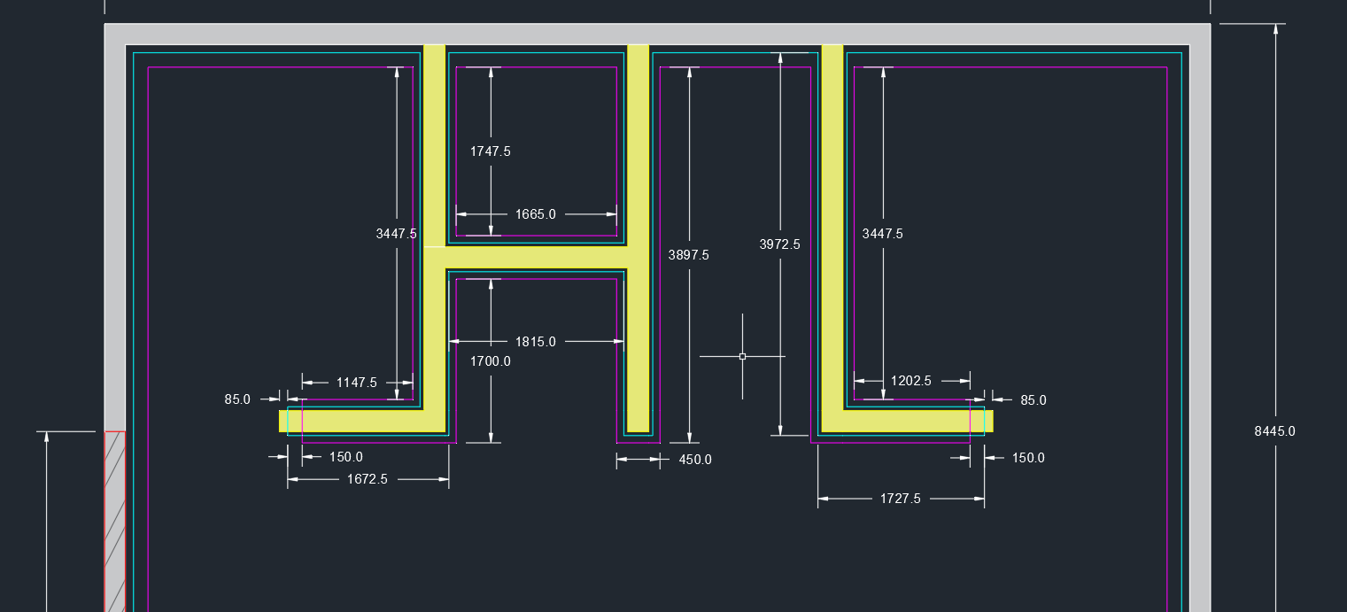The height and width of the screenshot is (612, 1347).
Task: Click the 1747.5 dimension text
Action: click(x=490, y=151)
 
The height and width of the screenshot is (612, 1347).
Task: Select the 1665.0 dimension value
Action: click(x=535, y=214)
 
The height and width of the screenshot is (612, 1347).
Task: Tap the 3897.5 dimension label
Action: click(x=688, y=255)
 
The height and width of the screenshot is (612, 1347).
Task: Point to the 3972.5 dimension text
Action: click(x=779, y=244)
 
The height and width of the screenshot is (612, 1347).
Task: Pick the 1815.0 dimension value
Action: click(x=535, y=342)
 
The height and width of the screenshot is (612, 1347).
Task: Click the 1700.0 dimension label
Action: click(x=490, y=361)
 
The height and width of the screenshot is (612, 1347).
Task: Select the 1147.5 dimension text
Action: click(x=356, y=383)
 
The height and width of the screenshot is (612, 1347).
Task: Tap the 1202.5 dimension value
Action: click(x=910, y=381)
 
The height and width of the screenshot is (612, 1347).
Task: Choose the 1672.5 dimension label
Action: click(x=367, y=479)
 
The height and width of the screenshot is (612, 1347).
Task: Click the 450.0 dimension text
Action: click(x=695, y=460)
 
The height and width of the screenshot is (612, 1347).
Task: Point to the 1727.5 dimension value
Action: click(x=900, y=499)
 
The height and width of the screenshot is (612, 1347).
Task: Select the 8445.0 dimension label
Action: click(x=1274, y=431)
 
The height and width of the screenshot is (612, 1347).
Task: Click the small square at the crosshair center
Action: click(x=742, y=356)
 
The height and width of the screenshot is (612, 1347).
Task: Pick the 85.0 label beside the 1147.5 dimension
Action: click(x=237, y=399)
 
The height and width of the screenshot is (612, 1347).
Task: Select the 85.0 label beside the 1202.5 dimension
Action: click(x=1033, y=400)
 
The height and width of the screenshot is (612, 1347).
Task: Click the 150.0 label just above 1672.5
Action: click(x=345, y=457)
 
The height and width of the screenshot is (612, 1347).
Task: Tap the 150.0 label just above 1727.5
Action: click(x=1027, y=458)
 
